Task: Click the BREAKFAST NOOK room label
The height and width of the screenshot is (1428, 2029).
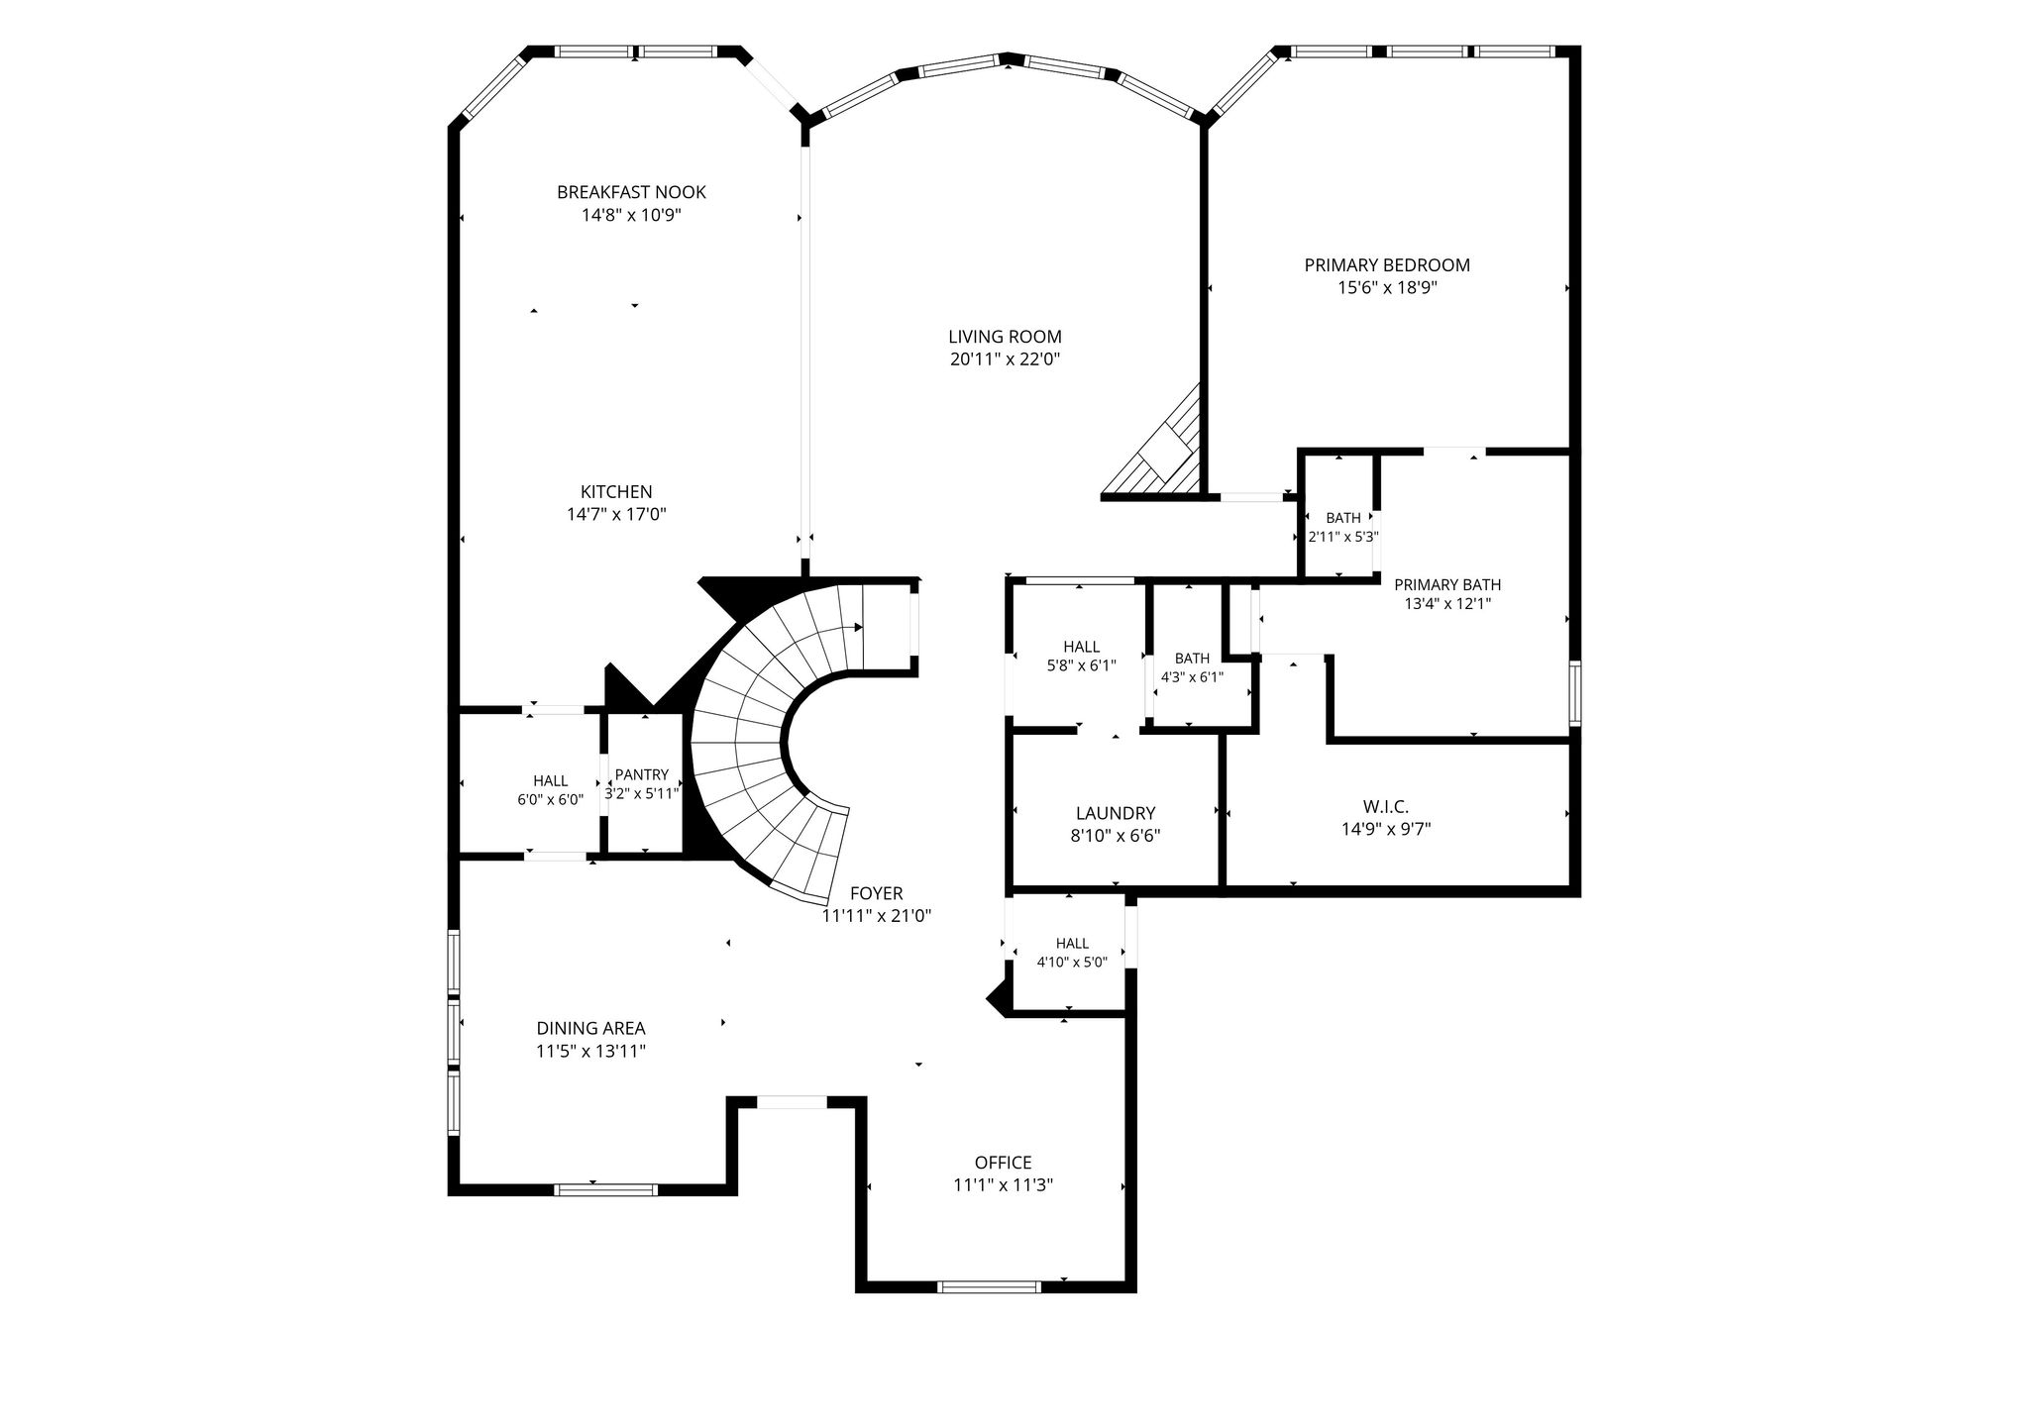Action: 631,192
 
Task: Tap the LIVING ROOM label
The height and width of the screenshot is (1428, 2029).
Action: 1005,337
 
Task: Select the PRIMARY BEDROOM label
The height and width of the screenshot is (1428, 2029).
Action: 1387,265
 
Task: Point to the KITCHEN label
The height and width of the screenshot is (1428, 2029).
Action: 616,492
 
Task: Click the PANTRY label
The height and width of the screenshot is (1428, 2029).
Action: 642,775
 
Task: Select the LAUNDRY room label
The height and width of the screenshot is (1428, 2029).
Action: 1116,814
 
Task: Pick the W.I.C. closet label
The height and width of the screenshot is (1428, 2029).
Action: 1386,807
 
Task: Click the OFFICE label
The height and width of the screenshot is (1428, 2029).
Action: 1004,1163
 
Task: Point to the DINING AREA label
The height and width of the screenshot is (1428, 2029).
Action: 591,1029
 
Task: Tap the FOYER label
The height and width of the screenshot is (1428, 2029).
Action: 877,894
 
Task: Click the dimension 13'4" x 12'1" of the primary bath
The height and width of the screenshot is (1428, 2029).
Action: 1447,603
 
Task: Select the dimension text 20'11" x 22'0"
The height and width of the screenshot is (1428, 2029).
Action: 1006,360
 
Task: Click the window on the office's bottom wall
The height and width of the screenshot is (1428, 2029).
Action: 989,1287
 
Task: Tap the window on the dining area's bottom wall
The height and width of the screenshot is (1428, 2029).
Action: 605,1189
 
